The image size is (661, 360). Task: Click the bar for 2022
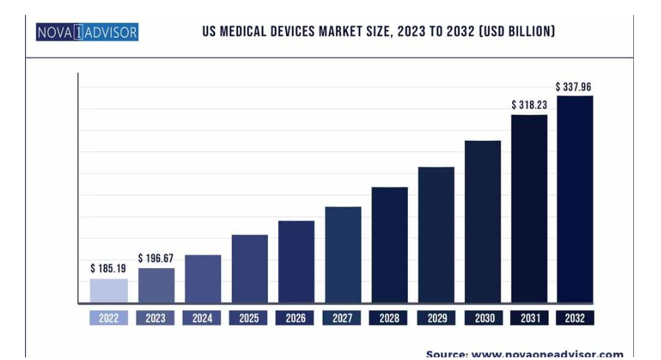point(109,291)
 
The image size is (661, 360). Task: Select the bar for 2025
point(250,269)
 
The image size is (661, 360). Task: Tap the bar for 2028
point(390,245)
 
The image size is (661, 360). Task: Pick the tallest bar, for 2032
point(575,200)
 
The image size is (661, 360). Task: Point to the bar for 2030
point(482,222)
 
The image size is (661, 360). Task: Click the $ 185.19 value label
point(108,269)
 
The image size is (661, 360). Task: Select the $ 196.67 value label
point(156,258)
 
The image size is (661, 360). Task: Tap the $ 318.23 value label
point(529,105)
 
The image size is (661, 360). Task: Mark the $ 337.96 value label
point(574,87)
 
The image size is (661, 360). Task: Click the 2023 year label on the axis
point(156,318)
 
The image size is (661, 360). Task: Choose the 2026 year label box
point(296,318)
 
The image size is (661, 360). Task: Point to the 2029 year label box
point(436,318)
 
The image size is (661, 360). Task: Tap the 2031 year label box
point(529,318)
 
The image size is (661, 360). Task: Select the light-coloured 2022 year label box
point(109,318)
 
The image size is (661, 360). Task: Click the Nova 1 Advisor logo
point(87,32)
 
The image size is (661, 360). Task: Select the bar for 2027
point(343,254)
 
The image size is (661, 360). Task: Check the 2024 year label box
point(202,318)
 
